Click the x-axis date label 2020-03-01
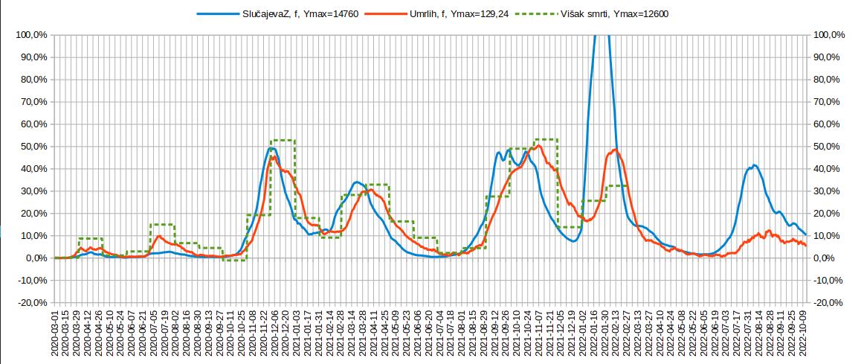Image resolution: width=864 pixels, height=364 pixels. pyautogui.click(x=54, y=336)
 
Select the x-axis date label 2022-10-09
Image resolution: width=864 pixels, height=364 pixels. pyautogui.click(x=806, y=336)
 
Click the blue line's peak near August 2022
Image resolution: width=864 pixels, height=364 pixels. pyautogui.click(x=754, y=165)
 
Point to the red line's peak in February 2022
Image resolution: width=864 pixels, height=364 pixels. pyautogui.click(x=615, y=150)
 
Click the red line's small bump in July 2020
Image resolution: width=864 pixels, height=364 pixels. pyautogui.click(x=159, y=236)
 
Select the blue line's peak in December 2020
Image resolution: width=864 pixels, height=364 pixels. pyautogui.click(x=272, y=148)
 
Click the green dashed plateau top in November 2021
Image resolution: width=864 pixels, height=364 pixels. pyautogui.click(x=546, y=139)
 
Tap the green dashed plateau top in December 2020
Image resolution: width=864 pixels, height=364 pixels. pyautogui.click(x=283, y=140)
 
